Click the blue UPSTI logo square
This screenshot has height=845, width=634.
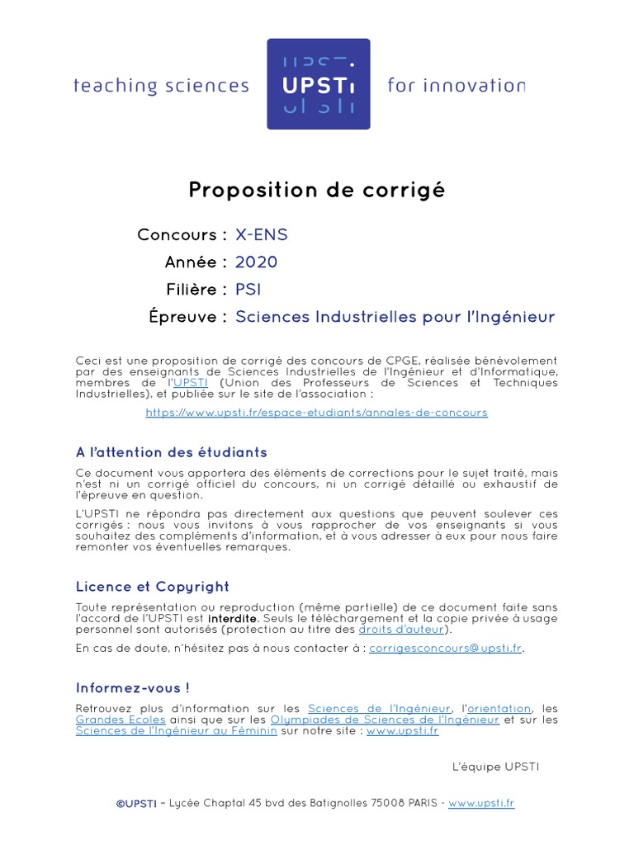pyautogui.click(x=318, y=83)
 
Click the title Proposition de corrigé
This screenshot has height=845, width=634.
pyautogui.click(x=316, y=191)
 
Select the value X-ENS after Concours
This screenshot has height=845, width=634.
pyautogui.click(x=262, y=235)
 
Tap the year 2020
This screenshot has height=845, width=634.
pyautogui.click(x=256, y=262)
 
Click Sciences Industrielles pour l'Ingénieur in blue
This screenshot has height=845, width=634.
pyautogui.click(x=395, y=317)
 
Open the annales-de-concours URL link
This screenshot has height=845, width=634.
pyautogui.click(x=316, y=413)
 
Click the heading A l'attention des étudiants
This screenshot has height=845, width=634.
pyautogui.click(x=171, y=452)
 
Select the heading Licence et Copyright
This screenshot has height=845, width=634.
pyautogui.click(x=152, y=587)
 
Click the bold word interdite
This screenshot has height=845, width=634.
pyautogui.click(x=232, y=619)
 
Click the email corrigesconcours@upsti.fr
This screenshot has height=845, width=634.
pyautogui.click(x=445, y=649)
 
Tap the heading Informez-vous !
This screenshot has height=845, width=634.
pyautogui.click(x=132, y=688)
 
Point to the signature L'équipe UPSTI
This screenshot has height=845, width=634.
pyautogui.click(x=495, y=767)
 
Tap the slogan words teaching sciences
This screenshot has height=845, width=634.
pyautogui.click(x=161, y=86)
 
